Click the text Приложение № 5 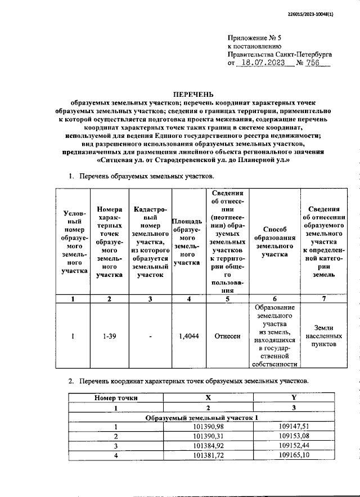pos(254,37)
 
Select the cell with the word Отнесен pos(227,336)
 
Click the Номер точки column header pos(116,397)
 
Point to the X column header pos(208,397)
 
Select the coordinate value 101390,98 pos(208,427)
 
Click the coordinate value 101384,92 pos(208,445)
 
